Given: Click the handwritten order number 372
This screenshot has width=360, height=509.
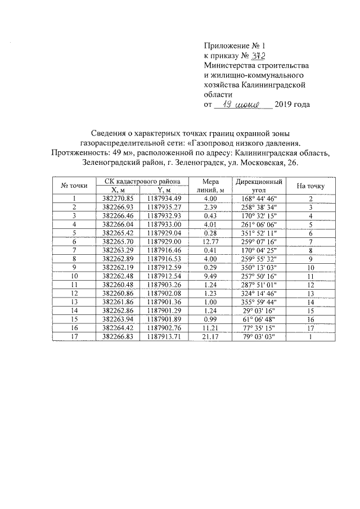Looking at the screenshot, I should [256, 55].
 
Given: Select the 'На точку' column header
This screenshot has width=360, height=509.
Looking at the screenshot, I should [310, 186].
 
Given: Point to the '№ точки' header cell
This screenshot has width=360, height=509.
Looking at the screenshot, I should [74, 186].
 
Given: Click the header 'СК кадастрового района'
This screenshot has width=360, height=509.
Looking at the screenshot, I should [138, 182].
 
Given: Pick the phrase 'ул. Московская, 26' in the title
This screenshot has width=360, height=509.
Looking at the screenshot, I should [262, 163].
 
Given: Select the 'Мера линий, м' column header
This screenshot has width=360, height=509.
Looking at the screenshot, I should [210, 186].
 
